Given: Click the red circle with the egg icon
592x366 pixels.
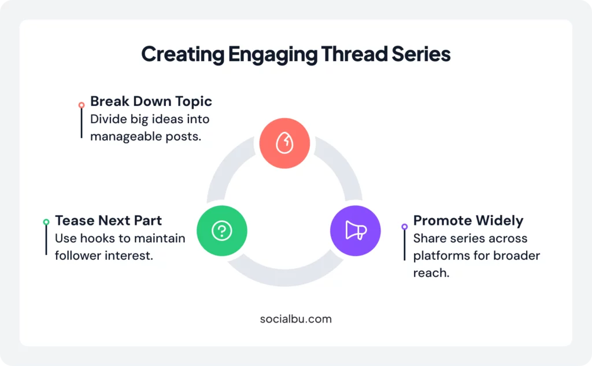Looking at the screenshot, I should (x=284, y=143).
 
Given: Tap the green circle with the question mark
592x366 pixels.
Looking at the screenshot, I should (x=222, y=231).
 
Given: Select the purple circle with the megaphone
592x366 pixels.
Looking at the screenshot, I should (x=355, y=231).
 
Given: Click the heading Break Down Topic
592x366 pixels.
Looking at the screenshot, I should (x=151, y=102).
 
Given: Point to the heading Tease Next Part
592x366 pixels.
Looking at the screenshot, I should (x=108, y=221).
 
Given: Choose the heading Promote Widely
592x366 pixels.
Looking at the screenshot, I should (x=468, y=221).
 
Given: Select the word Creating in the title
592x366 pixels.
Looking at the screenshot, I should (x=182, y=54).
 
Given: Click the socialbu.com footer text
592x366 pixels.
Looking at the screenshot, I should (x=296, y=319).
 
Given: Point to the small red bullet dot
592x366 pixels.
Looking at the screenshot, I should (x=82, y=105).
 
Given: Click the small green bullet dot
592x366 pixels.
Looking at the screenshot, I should (x=46, y=222).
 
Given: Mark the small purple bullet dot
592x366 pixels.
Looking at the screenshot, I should (x=405, y=226).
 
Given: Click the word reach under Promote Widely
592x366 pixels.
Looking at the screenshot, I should (x=431, y=273).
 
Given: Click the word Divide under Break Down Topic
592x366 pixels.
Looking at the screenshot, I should (x=107, y=119).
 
